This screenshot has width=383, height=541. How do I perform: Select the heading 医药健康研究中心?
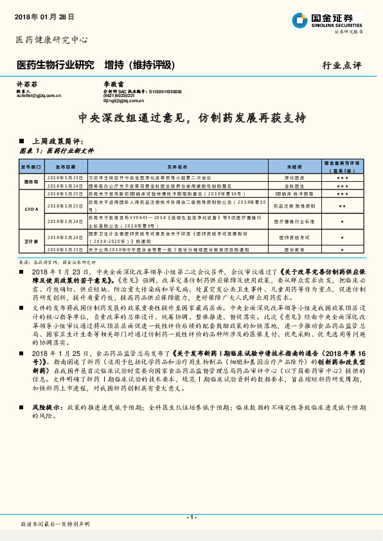(51, 40)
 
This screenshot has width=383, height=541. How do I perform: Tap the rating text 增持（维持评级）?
(140, 65)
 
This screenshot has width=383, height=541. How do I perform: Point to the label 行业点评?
(342, 66)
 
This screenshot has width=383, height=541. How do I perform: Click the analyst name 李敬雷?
(113, 84)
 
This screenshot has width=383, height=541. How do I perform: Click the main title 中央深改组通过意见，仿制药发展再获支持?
(191, 118)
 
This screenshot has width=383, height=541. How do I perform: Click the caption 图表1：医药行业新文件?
(58, 150)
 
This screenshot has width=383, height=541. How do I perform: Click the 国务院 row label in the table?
(31, 181)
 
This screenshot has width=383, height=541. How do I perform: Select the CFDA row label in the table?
(31, 209)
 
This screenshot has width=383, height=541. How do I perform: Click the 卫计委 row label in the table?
(31, 241)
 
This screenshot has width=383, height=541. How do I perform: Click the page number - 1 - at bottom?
(191, 517)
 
